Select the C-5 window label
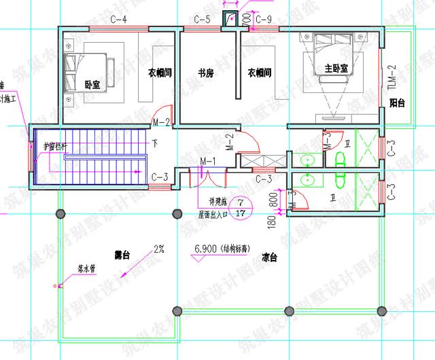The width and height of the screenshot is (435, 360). pyautogui.click(x=202, y=19)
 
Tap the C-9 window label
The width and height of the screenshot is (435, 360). pyautogui.click(x=264, y=19)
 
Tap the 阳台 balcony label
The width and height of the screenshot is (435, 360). pyautogui.click(x=397, y=103)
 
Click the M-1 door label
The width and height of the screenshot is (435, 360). pyautogui.click(x=207, y=161)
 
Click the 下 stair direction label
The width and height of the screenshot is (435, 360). pyautogui.click(x=155, y=143)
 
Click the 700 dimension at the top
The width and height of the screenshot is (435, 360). pyautogui.click(x=245, y=22)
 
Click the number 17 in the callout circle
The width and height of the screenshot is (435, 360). pyautogui.click(x=239, y=213)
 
